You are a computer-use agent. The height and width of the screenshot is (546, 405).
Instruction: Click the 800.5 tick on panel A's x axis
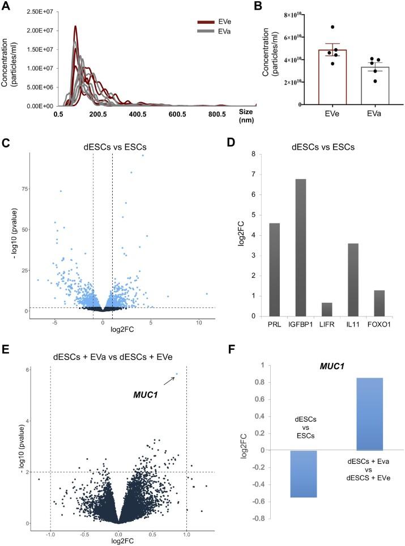[x=217, y=115]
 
